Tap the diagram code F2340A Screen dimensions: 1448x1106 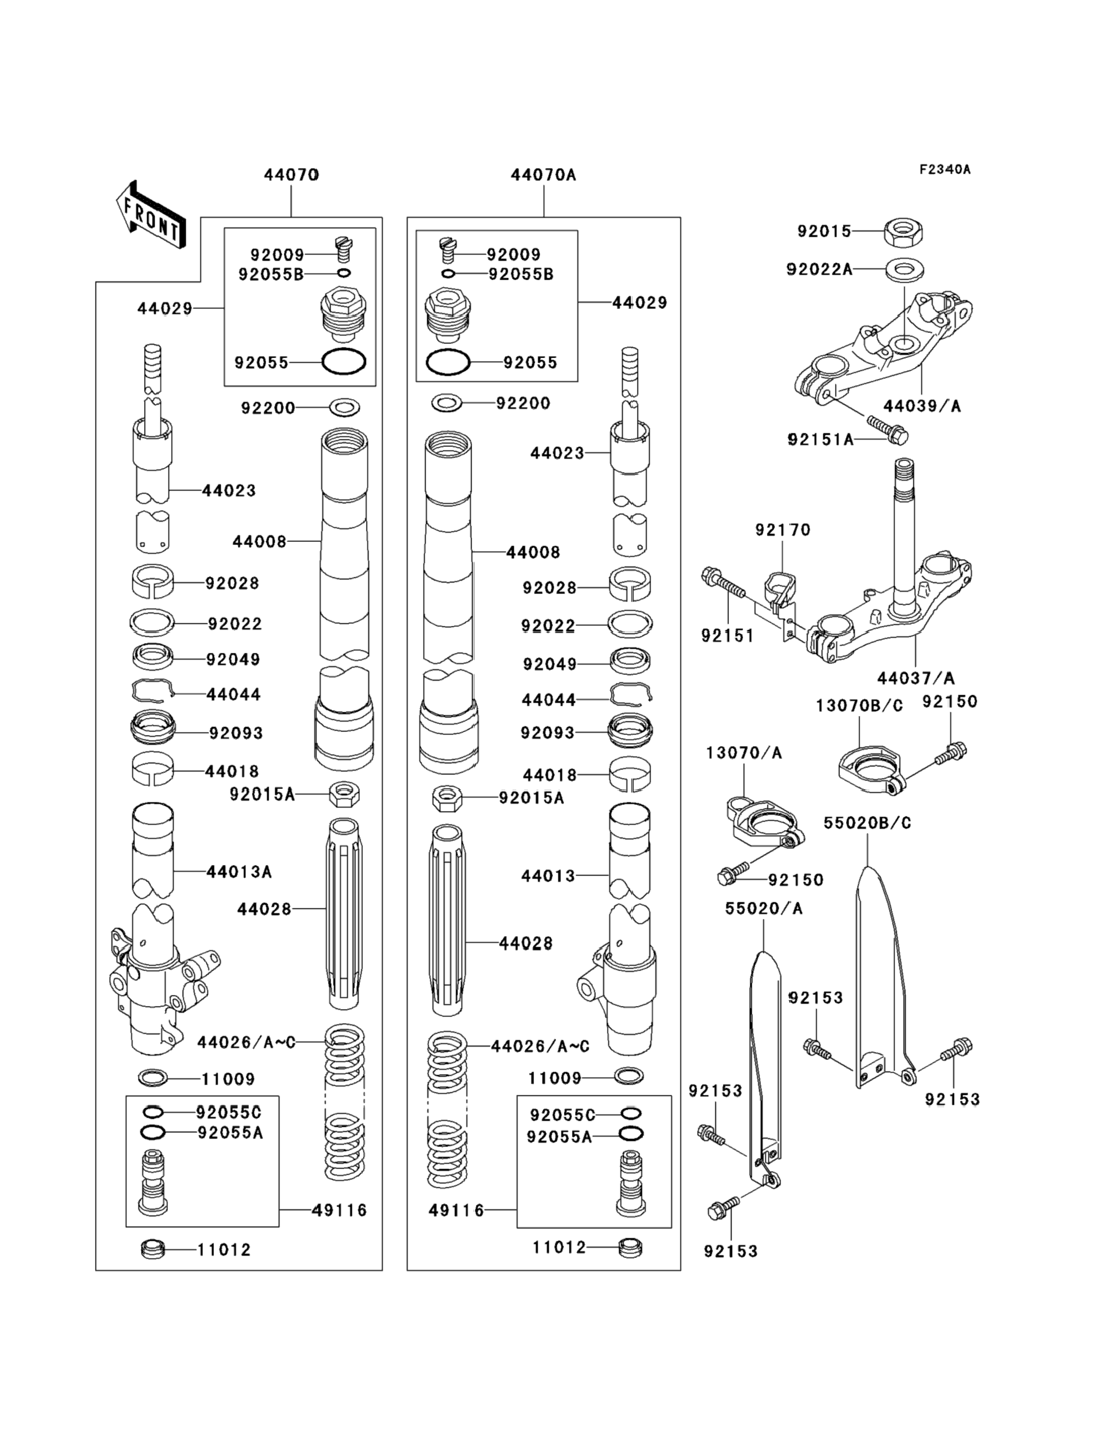click(x=945, y=170)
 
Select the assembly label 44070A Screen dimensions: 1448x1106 click(x=543, y=175)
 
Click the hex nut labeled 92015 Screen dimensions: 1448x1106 click(x=903, y=232)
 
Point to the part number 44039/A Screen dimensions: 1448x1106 click(x=921, y=406)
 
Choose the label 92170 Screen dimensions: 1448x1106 click(x=783, y=530)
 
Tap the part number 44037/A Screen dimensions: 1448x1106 click(x=915, y=677)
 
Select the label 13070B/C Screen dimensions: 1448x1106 click(x=859, y=706)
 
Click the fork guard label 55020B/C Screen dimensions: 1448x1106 click(x=867, y=823)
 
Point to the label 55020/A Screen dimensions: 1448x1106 click(x=764, y=909)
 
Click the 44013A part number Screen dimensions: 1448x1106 click(x=239, y=872)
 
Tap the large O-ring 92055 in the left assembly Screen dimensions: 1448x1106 click(x=344, y=362)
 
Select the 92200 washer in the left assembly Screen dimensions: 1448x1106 click(x=345, y=408)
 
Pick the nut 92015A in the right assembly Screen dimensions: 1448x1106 click(x=448, y=799)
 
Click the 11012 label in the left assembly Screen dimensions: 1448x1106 click(x=224, y=1250)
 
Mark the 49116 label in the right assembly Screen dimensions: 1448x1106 click(x=456, y=1210)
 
